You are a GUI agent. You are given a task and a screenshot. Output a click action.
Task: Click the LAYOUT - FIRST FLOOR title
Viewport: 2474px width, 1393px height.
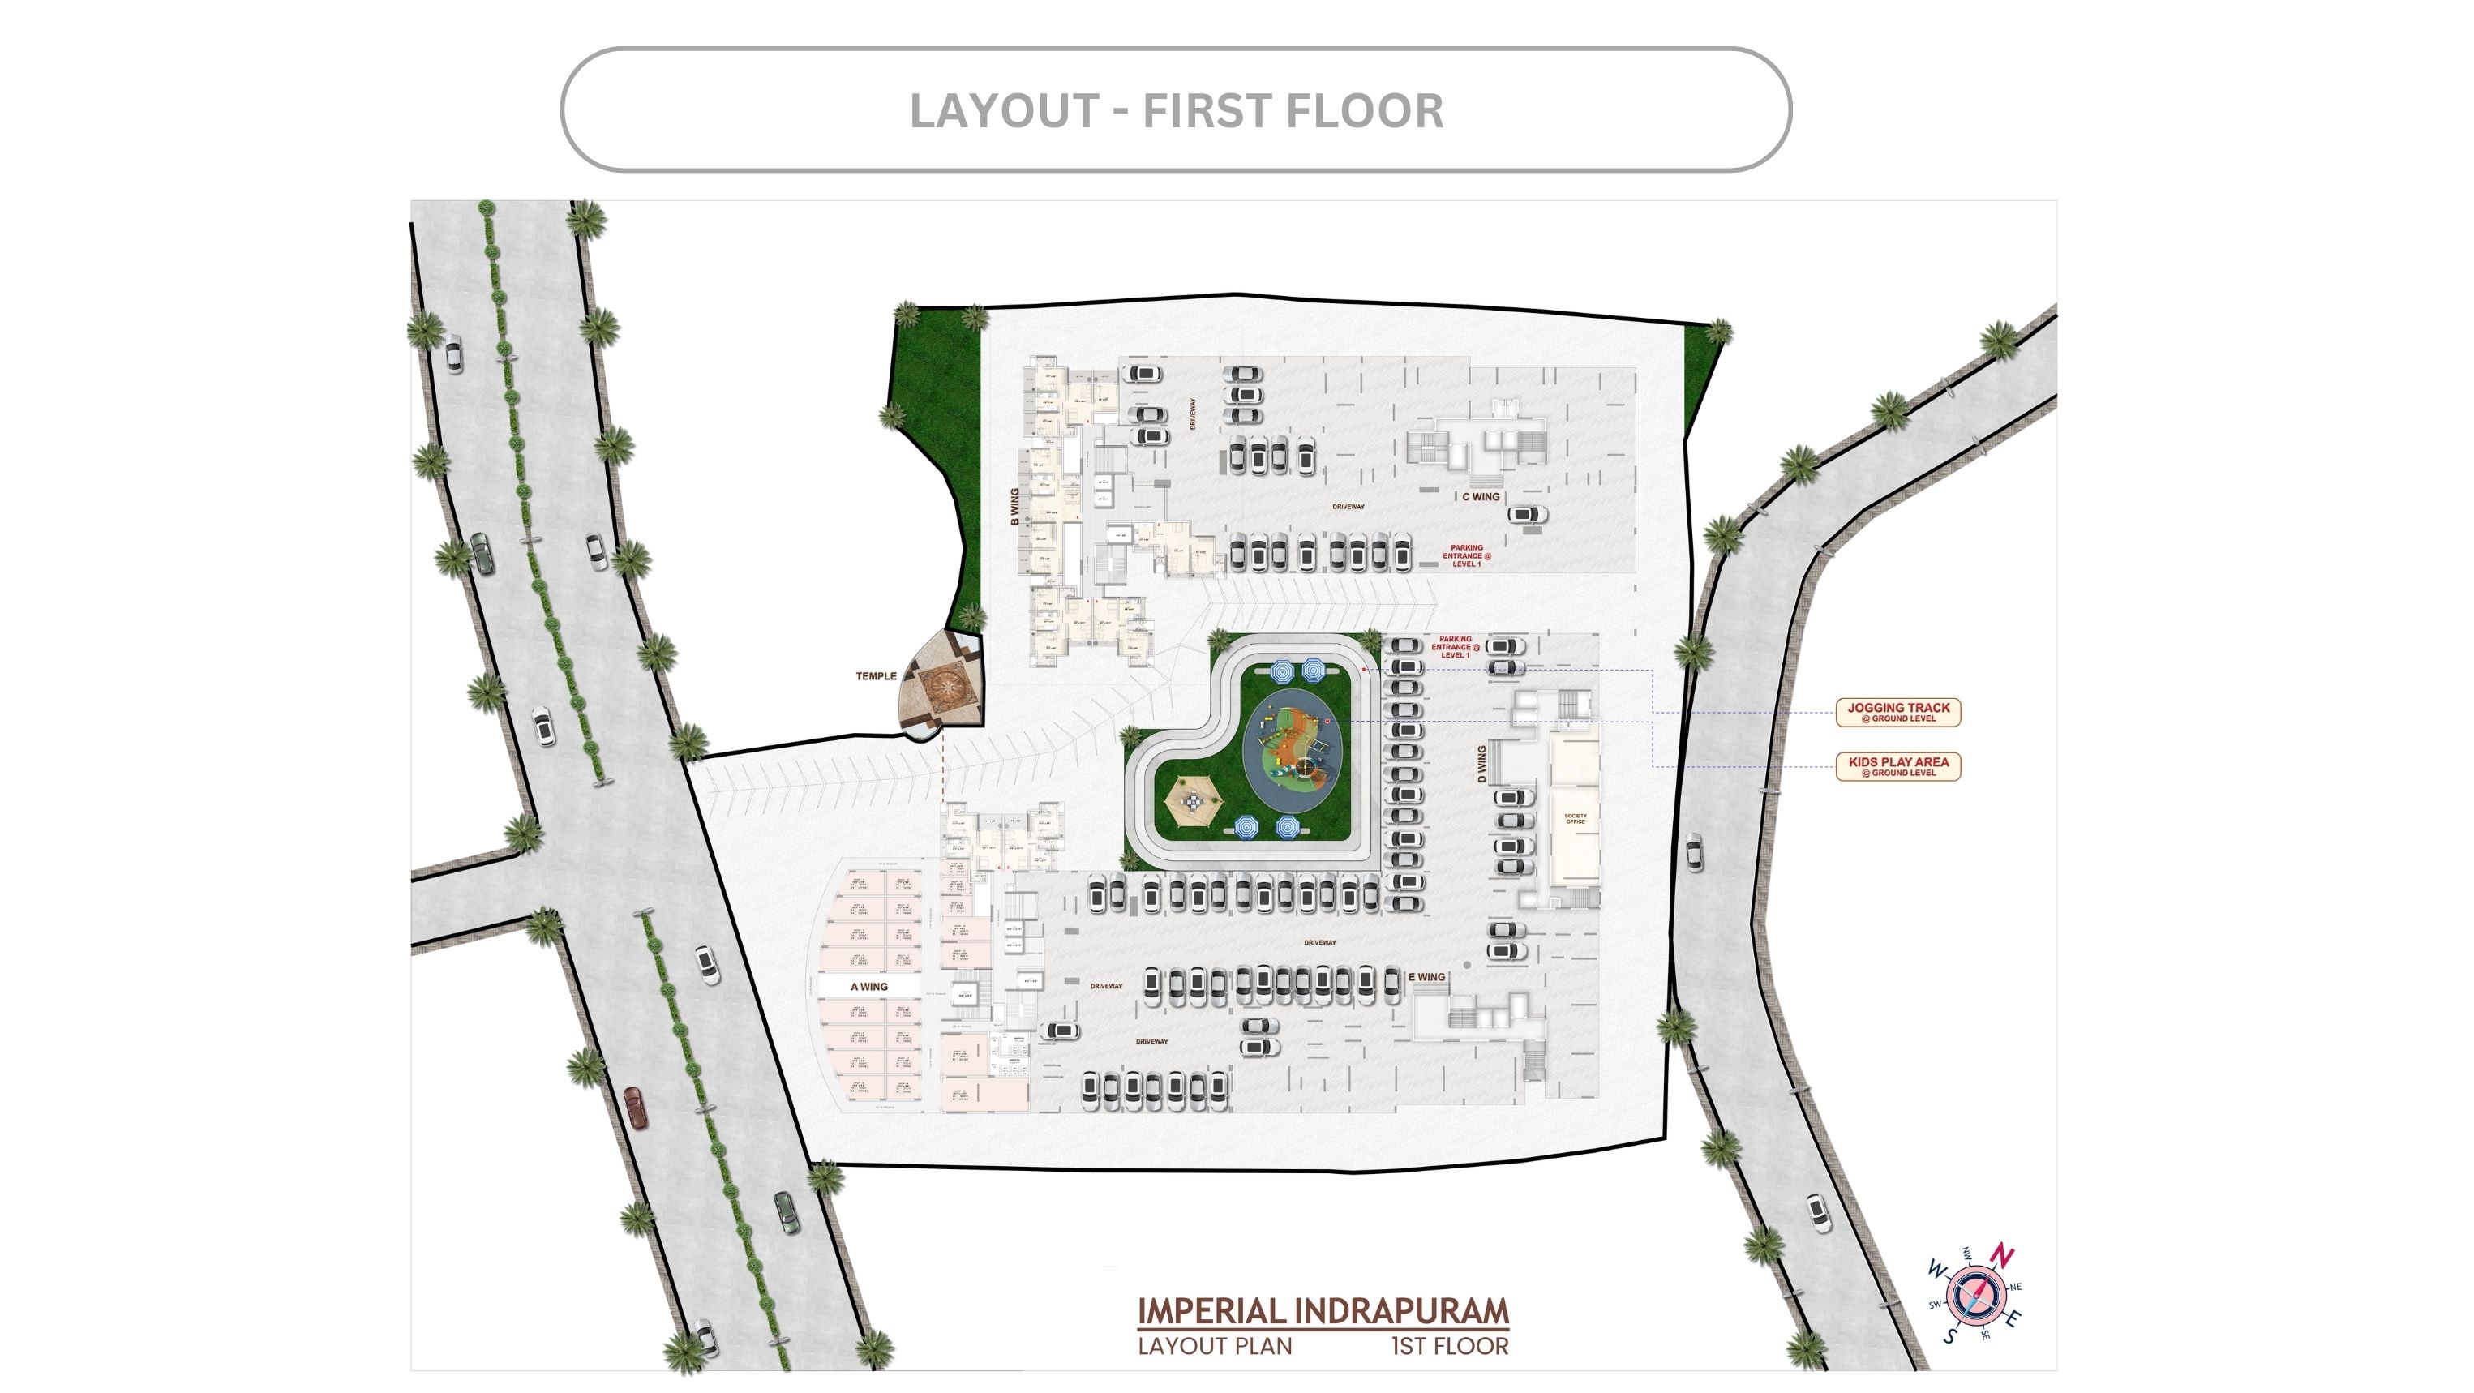pyautogui.click(x=1176, y=110)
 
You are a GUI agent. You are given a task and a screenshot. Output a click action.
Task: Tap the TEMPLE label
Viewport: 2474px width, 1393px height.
pyautogui.click(x=876, y=676)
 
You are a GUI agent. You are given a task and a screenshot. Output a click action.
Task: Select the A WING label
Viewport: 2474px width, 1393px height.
pyautogui.click(x=869, y=986)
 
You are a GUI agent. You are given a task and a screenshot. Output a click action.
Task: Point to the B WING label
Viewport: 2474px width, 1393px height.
pyautogui.click(x=1014, y=506)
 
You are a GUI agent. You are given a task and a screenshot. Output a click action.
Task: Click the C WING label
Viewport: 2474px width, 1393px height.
pyautogui.click(x=1480, y=496)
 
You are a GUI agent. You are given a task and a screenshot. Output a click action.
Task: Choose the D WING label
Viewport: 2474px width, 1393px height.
pyautogui.click(x=1482, y=763)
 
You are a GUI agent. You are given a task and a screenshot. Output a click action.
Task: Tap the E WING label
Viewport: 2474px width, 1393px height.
pyautogui.click(x=1427, y=976)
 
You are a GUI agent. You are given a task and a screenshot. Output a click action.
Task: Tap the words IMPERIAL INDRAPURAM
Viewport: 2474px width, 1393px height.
pyautogui.click(x=1323, y=1311)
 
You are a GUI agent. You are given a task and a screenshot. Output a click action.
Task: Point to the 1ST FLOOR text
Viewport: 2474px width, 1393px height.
pyautogui.click(x=1449, y=1346)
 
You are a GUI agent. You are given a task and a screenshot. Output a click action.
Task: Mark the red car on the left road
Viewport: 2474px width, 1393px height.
pyautogui.click(x=635, y=1107)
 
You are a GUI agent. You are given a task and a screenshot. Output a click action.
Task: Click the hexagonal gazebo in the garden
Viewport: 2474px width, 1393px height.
pyautogui.click(x=1191, y=798)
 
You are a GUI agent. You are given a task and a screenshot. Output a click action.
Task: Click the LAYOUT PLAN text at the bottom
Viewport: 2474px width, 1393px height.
pyautogui.click(x=1215, y=1346)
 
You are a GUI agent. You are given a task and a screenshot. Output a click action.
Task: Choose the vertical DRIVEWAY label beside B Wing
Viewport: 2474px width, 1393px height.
pyautogui.click(x=1193, y=414)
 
